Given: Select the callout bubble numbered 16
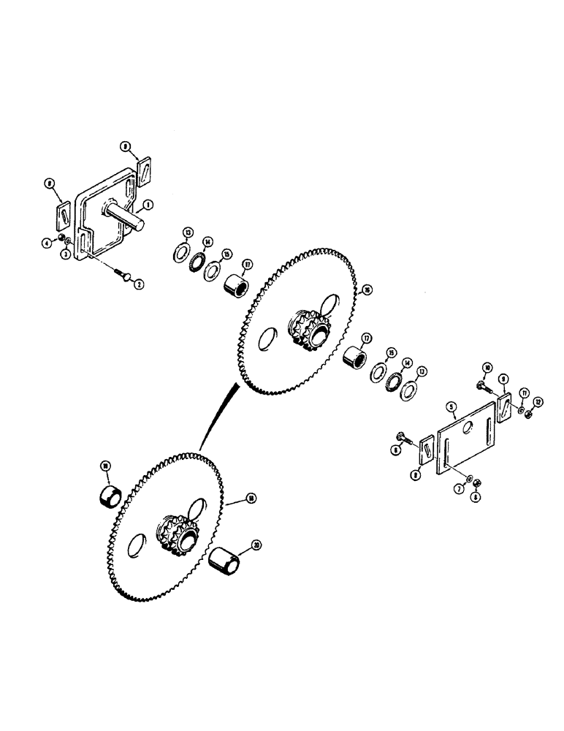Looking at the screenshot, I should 367,289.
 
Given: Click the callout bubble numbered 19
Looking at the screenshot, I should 105,465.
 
